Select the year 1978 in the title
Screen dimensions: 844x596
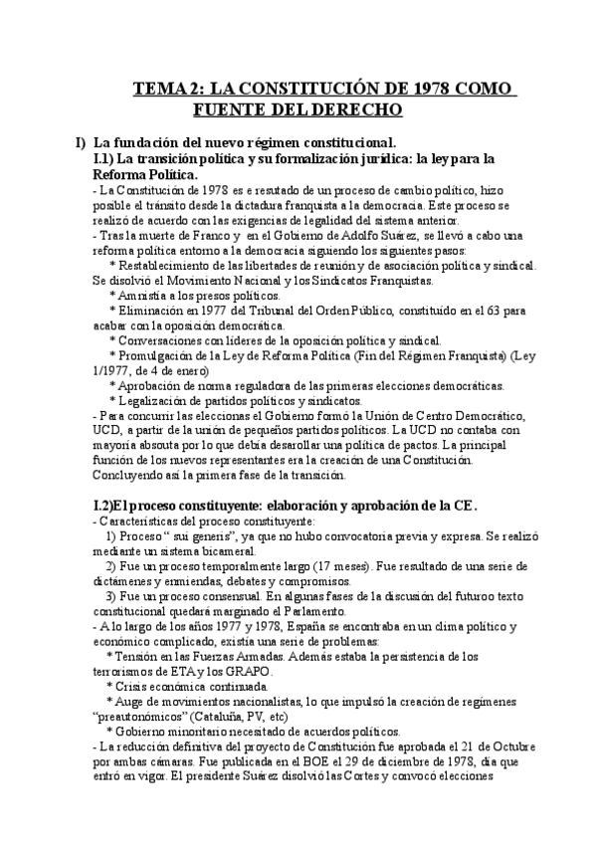[x=429, y=89]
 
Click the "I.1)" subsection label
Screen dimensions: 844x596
[x=102, y=158]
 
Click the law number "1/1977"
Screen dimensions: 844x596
[x=112, y=370]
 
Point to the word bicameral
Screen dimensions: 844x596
[x=230, y=550]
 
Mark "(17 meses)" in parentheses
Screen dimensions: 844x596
[x=344, y=565]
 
